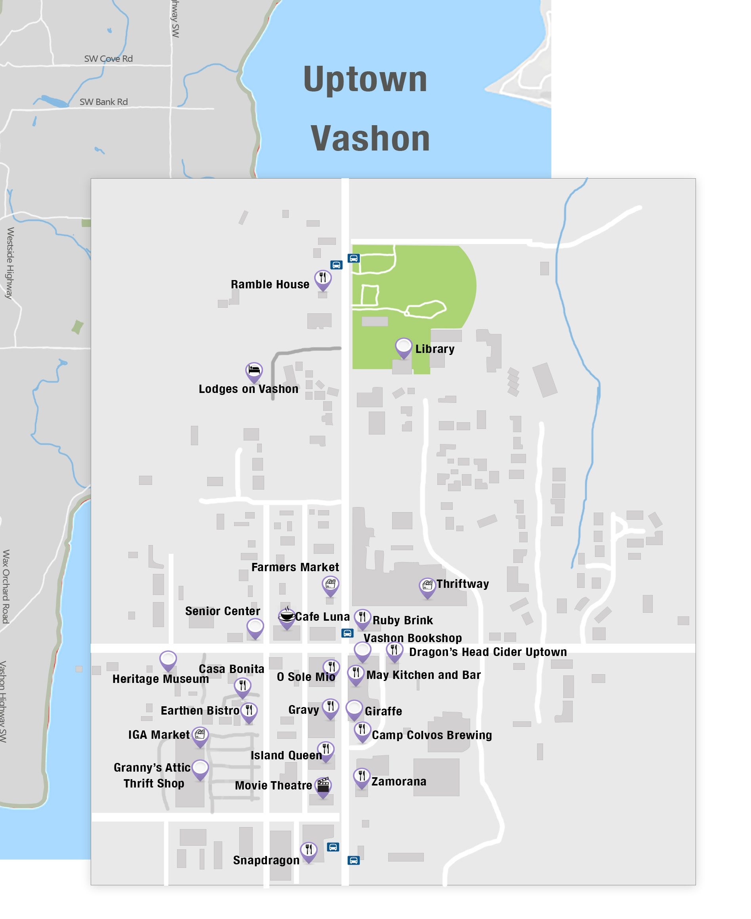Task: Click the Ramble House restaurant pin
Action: pyautogui.click(x=323, y=278)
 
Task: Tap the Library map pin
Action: pyautogui.click(x=404, y=347)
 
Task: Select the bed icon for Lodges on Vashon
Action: pyautogui.click(x=254, y=371)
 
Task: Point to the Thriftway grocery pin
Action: pyautogui.click(x=427, y=586)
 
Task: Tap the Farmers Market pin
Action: pyautogui.click(x=330, y=585)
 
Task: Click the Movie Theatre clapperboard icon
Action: pyautogui.click(x=323, y=785)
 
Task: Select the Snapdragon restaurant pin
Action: pyautogui.click(x=309, y=850)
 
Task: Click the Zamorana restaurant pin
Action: pyautogui.click(x=362, y=777)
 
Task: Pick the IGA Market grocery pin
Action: pyautogui.click(x=200, y=735)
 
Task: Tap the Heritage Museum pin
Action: pyautogui.click(x=168, y=660)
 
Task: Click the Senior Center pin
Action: pyautogui.click(x=255, y=627)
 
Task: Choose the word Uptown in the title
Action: pyautogui.click(x=365, y=79)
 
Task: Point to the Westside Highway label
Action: pyautogui.click(x=10, y=263)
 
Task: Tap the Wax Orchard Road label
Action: pyautogui.click(x=6, y=586)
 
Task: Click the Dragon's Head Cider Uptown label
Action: pyautogui.click(x=488, y=652)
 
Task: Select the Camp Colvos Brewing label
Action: pyautogui.click(x=432, y=735)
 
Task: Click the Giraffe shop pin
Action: pyautogui.click(x=354, y=709)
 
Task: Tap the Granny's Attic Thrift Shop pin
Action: pyautogui.click(x=200, y=768)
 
